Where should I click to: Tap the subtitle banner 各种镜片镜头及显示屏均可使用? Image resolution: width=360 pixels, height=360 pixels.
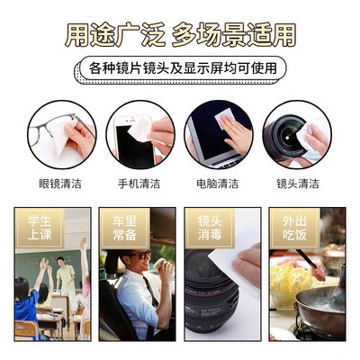(181, 68)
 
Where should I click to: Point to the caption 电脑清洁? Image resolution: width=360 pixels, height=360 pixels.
(218, 184)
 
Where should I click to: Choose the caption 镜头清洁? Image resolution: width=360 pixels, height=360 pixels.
(297, 184)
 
